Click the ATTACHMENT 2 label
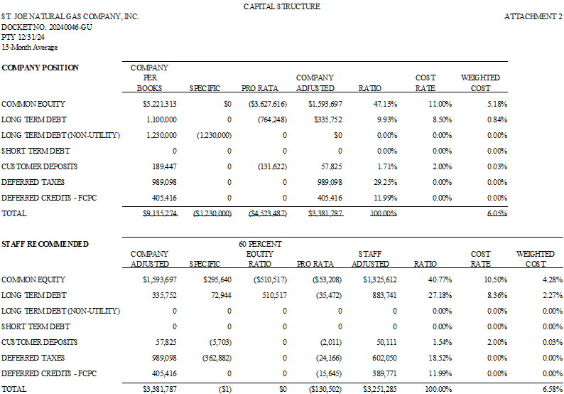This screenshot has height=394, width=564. coord(533,16)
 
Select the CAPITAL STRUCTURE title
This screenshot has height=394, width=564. coord(281,6)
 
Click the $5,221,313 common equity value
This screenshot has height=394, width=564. coord(159,104)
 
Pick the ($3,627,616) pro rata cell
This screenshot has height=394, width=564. coord(268,104)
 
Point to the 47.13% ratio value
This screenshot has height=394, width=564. coord(385,104)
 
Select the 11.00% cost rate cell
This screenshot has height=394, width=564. coord(440,104)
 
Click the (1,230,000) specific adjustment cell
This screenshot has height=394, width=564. coord(214,135)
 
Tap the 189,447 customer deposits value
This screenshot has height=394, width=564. coord(164,166)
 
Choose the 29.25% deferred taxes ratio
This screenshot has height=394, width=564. coord(385,182)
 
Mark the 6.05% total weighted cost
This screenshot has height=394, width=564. coord(497,213)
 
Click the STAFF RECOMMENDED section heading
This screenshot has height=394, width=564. coord(45,244)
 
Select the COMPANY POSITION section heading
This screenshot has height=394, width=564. coord(40,68)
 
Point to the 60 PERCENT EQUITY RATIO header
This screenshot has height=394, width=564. coord(260,254)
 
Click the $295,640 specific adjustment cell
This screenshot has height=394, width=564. coord(217,279)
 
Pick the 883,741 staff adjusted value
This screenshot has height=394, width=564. coord(384,295)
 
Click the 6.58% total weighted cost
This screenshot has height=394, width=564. coord(553,389)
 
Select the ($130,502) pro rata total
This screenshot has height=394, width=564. coord(325,389)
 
